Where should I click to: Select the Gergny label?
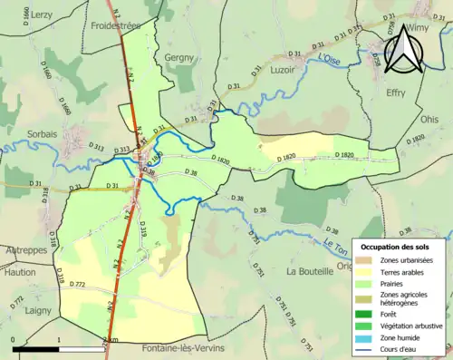pos(180,57)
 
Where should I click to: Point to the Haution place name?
pos(18,271)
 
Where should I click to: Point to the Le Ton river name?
pos(336,242)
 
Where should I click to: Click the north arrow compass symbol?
pos(400,50)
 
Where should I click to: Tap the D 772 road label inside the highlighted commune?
pos(78,285)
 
